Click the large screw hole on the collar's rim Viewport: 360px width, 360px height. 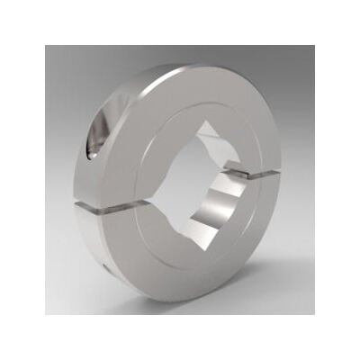click(99, 135)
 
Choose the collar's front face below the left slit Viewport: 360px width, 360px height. click(135, 247)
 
